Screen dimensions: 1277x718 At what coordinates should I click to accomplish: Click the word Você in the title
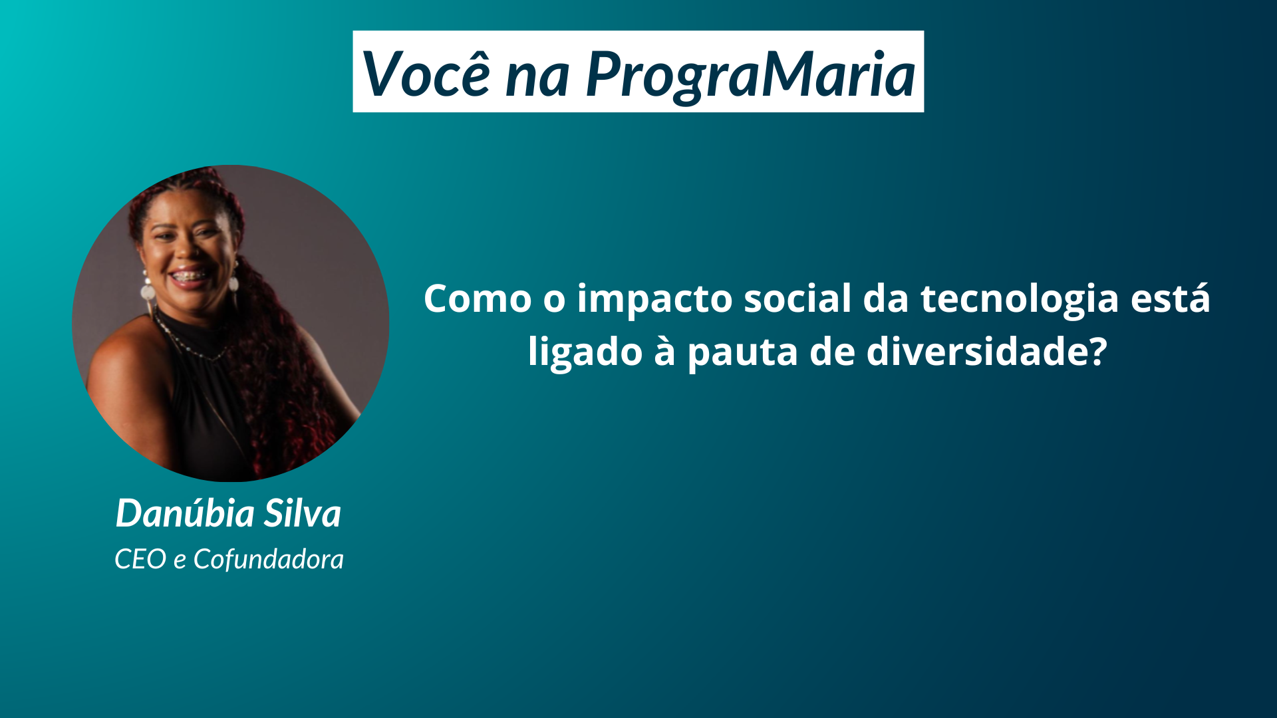click(426, 72)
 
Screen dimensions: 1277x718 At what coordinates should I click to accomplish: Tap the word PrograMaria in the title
click(751, 75)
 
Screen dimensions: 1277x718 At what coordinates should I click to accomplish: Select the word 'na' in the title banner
click(537, 78)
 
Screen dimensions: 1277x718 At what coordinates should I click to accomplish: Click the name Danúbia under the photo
click(186, 513)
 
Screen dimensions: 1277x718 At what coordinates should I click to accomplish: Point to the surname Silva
click(303, 513)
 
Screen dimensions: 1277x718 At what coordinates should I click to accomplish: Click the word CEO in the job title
click(140, 559)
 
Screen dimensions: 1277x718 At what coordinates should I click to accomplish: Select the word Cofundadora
click(269, 559)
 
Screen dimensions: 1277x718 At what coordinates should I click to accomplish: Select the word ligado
click(585, 353)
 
